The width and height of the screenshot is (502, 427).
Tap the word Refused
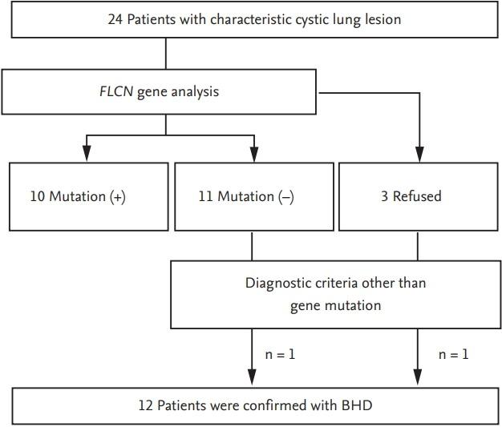(416, 196)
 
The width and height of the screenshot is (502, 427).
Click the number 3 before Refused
(384, 196)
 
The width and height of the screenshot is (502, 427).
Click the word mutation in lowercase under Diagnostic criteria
(352, 305)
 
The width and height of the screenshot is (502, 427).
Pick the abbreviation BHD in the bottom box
(357, 405)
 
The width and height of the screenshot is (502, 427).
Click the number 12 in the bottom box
(145, 405)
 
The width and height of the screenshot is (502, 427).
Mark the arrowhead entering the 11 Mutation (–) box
(253, 155)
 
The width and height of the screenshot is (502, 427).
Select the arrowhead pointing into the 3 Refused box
(417, 155)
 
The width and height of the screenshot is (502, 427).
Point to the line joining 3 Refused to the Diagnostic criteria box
(417, 246)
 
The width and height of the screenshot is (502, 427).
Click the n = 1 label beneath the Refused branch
(453, 353)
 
